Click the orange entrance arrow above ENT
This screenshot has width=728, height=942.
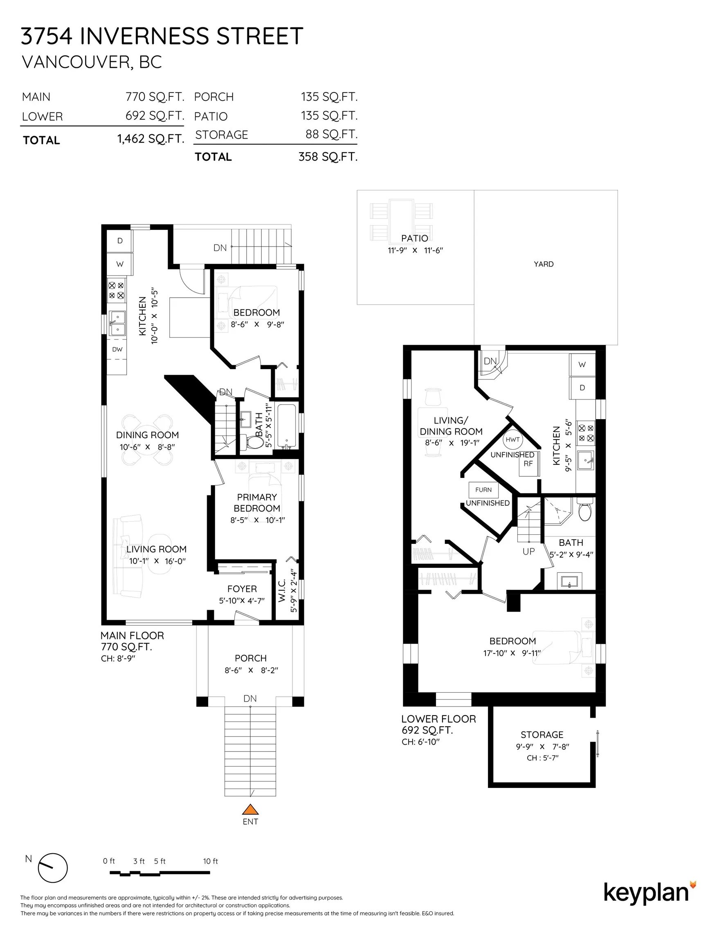tap(250, 809)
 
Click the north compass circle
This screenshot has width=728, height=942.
tap(53, 868)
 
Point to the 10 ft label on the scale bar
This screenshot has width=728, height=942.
tap(211, 861)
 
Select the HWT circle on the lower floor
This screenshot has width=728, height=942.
tap(512, 440)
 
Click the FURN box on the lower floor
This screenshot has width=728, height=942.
tap(483, 489)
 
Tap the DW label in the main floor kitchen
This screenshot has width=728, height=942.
tap(117, 350)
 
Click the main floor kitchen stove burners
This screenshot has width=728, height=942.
tap(117, 290)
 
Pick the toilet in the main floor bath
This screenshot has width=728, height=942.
tap(254, 442)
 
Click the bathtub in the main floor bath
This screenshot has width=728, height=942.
tap(287, 426)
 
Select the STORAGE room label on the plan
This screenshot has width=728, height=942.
tap(542, 735)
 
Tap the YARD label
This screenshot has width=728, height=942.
tap(544, 264)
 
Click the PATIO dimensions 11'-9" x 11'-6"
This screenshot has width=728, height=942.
tap(415, 250)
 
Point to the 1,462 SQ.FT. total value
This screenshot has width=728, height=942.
tap(151, 139)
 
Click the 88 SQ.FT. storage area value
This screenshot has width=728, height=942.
tap(331, 134)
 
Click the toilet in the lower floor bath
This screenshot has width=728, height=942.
tap(585, 510)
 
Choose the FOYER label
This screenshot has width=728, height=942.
tap(242, 589)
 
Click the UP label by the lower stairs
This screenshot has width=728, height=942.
tap(529, 551)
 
